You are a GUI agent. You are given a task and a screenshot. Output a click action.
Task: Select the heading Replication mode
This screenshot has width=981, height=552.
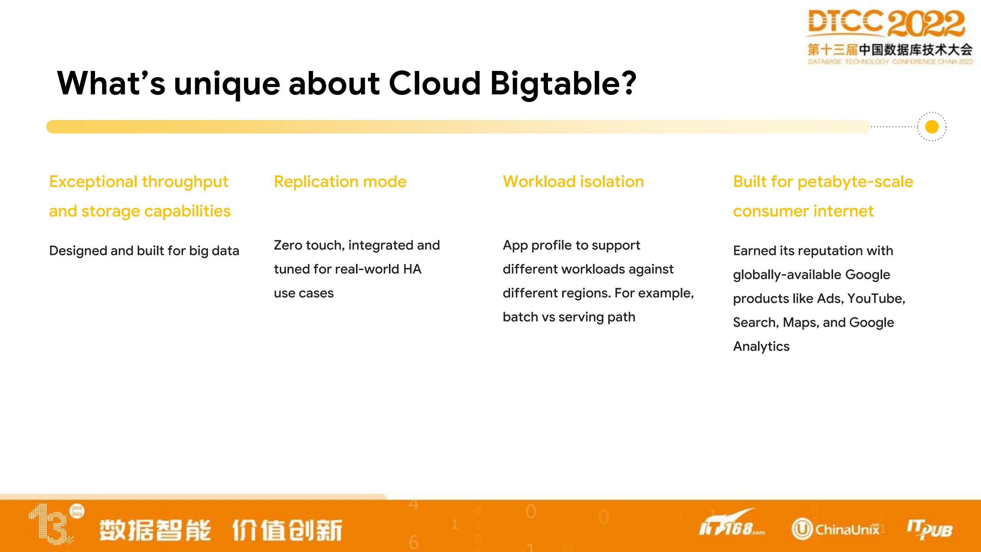(x=340, y=182)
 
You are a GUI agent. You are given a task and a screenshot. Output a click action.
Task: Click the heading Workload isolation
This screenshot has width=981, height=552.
(x=573, y=182)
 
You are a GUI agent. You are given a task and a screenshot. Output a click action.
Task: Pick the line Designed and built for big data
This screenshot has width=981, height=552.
(x=144, y=251)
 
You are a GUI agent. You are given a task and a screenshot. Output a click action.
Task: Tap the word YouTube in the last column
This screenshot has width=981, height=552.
(x=876, y=298)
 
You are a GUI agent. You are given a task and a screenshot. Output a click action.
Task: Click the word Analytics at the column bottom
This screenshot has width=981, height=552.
(x=761, y=347)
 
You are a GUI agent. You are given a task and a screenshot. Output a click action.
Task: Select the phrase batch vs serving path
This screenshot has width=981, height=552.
(x=569, y=317)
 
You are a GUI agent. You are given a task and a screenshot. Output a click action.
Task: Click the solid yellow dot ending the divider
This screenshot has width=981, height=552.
(x=932, y=127)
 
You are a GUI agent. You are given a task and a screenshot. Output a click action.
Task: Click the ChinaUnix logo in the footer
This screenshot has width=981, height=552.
(x=835, y=529)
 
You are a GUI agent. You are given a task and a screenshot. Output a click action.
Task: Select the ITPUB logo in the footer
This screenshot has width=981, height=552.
(x=929, y=530)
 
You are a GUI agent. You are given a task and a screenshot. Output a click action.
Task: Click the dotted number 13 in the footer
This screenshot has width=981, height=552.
(x=51, y=524)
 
